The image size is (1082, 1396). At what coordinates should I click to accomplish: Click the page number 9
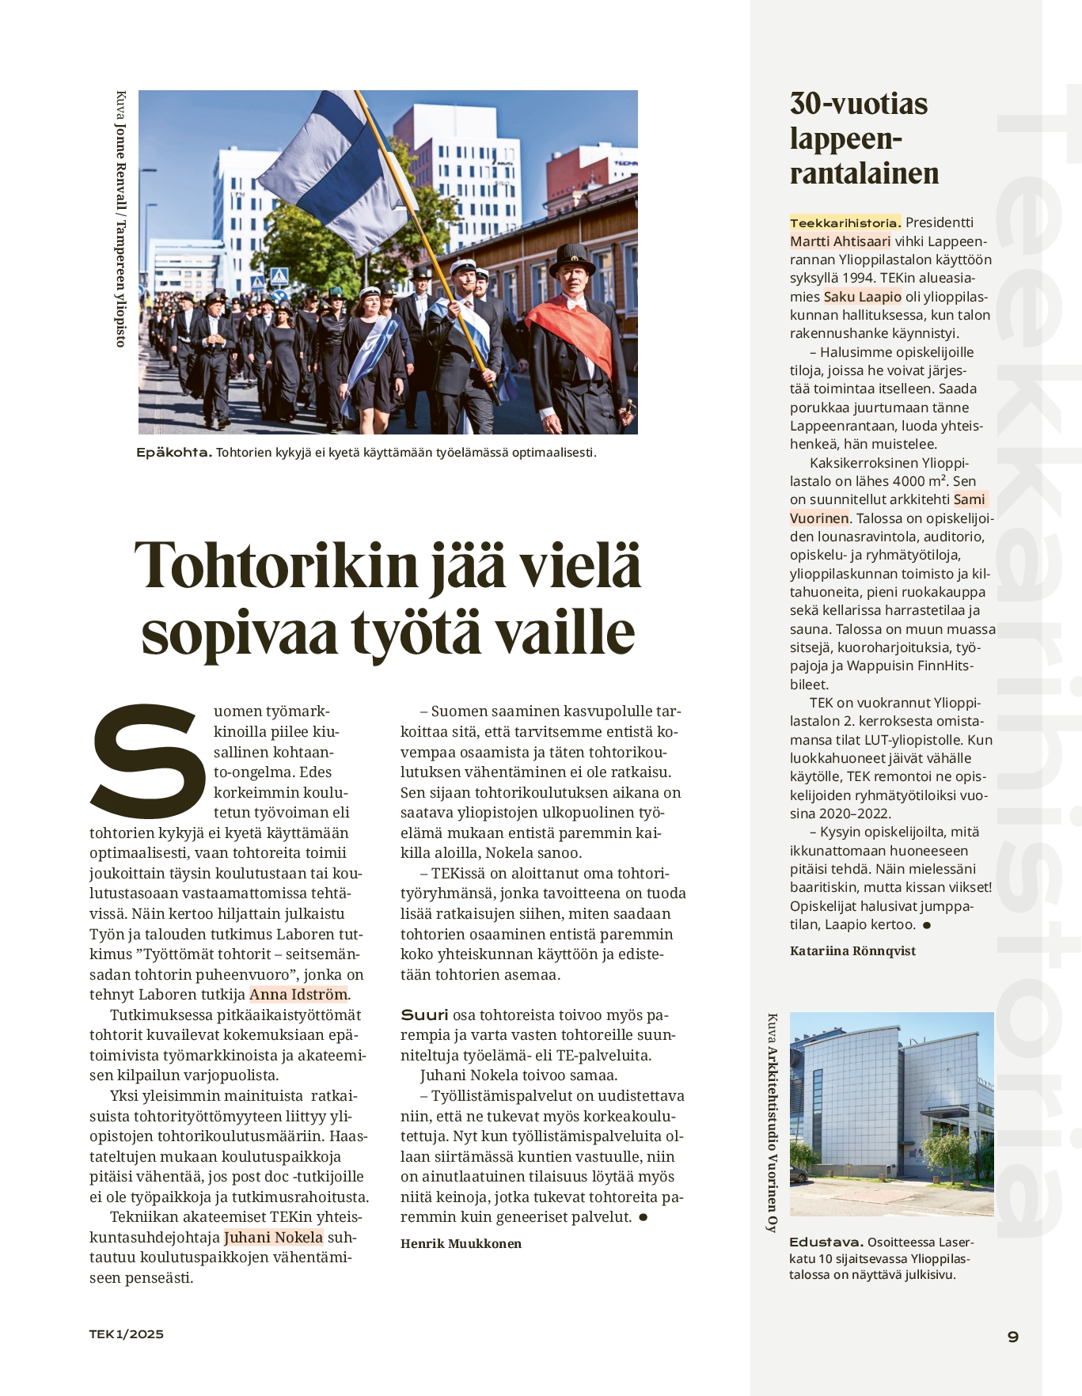pyautogui.click(x=1012, y=1337)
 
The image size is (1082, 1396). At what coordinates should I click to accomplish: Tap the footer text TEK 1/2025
pyautogui.click(x=127, y=1334)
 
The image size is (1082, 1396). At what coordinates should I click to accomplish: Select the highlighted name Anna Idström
pyautogui.click(x=298, y=995)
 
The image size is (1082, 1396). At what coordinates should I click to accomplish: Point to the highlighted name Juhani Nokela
pyautogui.click(x=273, y=1238)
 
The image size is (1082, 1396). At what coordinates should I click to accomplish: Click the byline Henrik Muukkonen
pyautogui.click(x=461, y=1244)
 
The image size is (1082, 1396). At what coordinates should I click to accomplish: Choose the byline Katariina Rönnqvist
pyautogui.click(x=852, y=951)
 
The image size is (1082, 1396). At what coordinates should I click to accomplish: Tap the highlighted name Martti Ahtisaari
pyautogui.click(x=840, y=241)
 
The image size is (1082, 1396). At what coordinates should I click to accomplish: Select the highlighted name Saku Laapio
pyautogui.click(x=862, y=297)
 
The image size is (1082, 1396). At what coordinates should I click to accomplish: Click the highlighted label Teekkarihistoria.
pyautogui.click(x=845, y=223)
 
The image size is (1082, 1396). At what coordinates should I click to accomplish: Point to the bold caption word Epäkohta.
pyautogui.click(x=173, y=453)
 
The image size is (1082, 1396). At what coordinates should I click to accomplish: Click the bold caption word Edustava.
pyautogui.click(x=825, y=1242)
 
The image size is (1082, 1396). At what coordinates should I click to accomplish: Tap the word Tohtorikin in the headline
pyautogui.click(x=276, y=566)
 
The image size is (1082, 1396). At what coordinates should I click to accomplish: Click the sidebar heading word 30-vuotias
pyautogui.click(x=858, y=104)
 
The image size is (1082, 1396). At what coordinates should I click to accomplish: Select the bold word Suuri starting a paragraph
pyautogui.click(x=424, y=1015)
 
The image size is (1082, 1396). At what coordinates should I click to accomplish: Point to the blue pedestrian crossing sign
pyautogui.click(x=279, y=276)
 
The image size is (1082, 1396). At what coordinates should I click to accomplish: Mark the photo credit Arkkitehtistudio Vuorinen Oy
pyautogui.click(x=773, y=1140)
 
